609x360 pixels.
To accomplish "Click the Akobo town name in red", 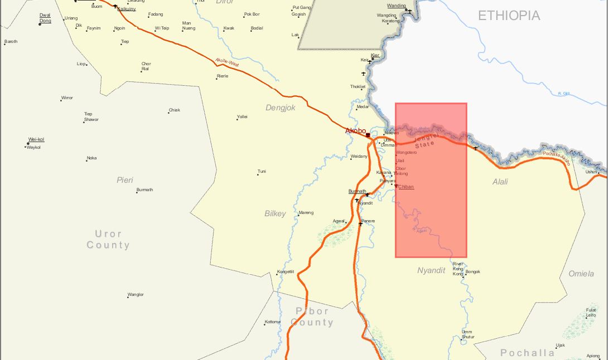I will [x=355, y=131].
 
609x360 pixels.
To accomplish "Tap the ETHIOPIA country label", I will [x=509, y=16].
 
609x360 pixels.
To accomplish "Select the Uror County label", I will [x=108, y=240].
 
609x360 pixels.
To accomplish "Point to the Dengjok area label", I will [x=281, y=108].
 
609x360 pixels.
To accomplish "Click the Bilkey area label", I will [x=275, y=213].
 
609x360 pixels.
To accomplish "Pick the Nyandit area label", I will [x=431, y=271].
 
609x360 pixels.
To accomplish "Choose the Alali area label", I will [x=500, y=182].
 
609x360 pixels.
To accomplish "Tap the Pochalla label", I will [x=527, y=353].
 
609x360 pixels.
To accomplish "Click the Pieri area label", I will [x=125, y=180].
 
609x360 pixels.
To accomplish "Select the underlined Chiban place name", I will [x=406, y=187].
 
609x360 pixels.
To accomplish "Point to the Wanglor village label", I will [x=136, y=294].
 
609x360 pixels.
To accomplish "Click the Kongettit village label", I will [x=285, y=272].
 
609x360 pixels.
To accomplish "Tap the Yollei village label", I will [x=242, y=116].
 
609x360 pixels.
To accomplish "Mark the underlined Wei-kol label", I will [x=36, y=139].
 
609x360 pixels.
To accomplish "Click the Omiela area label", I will [x=581, y=274].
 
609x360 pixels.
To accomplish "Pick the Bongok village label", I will [x=472, y=272].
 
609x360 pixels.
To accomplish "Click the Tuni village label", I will [x=262, y=171].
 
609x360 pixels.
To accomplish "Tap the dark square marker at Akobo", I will [x=368, y=135].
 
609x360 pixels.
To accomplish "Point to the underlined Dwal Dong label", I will [x=45, y=18].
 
